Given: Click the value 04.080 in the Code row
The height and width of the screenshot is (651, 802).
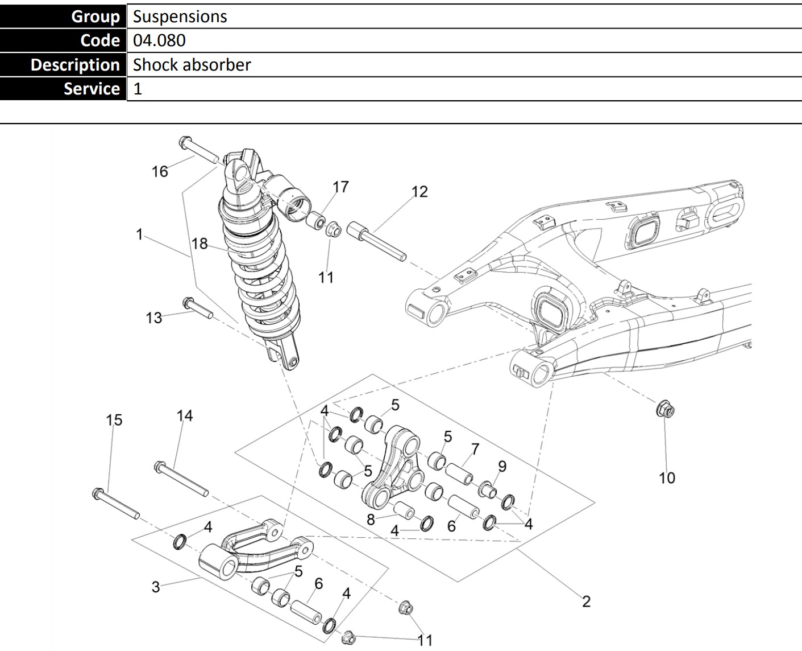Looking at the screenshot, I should click(159, 40).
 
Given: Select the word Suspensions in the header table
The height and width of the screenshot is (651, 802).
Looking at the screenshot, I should click(180, 17).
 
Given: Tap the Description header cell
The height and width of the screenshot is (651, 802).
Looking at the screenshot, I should click(75, 65).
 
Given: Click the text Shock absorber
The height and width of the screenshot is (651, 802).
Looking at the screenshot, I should click(192, 65).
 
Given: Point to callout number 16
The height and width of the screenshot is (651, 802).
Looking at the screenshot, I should click(160, 171).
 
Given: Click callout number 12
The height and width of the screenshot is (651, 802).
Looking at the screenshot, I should click(419, 191).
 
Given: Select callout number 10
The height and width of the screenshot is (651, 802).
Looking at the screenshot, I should click(667, 477).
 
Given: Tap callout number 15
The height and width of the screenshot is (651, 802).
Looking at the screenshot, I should click(114, 420).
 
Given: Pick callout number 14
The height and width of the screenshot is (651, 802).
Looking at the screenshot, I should click(185, 416).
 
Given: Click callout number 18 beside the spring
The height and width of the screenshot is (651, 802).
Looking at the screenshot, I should click(200, 244).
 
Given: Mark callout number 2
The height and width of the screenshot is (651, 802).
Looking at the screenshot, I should click(586, 601).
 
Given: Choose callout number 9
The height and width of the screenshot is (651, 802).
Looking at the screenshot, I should click(502, 467).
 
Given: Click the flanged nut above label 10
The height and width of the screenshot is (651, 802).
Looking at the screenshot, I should click(665, 408).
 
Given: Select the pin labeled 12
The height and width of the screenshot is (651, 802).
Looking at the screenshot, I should click(376, 241).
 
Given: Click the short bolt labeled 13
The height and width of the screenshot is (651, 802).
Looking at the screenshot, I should click(197, 307).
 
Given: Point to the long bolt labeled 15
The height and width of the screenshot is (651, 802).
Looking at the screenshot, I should click(116, 504).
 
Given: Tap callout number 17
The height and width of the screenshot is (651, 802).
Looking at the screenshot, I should click(340, 187).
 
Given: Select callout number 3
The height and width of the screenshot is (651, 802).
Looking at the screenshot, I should click(156, 586).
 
